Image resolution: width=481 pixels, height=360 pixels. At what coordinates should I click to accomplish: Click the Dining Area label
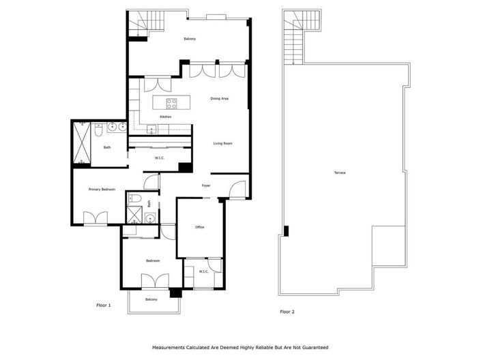click(x=219, y=99)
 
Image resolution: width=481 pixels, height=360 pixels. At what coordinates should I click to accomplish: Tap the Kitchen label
click(x=165, y=117)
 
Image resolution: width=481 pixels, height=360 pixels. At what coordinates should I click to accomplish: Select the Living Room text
click(x=223, y=143)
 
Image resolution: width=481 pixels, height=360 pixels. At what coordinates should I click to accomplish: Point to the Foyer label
click(x=205, y=185)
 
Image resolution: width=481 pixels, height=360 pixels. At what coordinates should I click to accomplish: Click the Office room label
click(x=200, y=227)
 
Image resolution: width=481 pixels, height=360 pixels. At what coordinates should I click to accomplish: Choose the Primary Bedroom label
click(x=101, y=189)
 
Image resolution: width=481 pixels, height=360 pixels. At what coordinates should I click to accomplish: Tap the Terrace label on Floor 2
click(x=339, y=172)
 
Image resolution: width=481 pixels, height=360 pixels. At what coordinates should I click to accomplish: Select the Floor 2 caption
click(x=287, y=312)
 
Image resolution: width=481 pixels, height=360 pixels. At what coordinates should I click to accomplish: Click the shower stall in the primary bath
click(x=83, y=142)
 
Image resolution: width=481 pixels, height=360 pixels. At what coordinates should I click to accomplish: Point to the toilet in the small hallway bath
click(x=134, y=200)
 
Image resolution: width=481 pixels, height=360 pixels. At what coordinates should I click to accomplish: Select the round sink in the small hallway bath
click(x=150, y=218)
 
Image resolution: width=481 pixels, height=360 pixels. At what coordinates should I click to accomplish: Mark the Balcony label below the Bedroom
click(x=151, y=300)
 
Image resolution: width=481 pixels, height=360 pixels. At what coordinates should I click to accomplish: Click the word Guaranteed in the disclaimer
click(x=312, y=347)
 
